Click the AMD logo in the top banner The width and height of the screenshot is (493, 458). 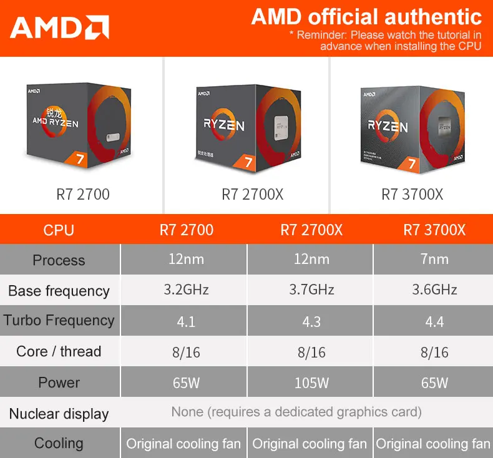(59, 27)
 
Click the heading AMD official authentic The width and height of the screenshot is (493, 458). (366, 17)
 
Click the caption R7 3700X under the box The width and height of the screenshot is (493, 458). (412, 195)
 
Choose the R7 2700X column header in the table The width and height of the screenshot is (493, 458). (311, 230)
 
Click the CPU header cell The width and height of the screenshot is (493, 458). (59, 230)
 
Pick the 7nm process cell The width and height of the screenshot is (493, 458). (434, 259)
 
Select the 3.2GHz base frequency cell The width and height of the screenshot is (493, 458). (186, 290)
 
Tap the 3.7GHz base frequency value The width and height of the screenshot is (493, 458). (311, 290)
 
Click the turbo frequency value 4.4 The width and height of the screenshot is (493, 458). (434, 321)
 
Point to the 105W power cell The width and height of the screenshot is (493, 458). (311, 382)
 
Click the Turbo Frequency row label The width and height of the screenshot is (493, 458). (59, 321)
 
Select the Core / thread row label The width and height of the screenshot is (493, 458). (59, 351)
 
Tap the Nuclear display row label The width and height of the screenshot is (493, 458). (59, 414)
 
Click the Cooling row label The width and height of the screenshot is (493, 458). (59, 443)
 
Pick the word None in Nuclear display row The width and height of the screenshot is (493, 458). (187, 412)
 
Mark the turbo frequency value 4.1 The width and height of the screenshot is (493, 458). (186, 322)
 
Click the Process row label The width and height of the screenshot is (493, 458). (59, 260)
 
